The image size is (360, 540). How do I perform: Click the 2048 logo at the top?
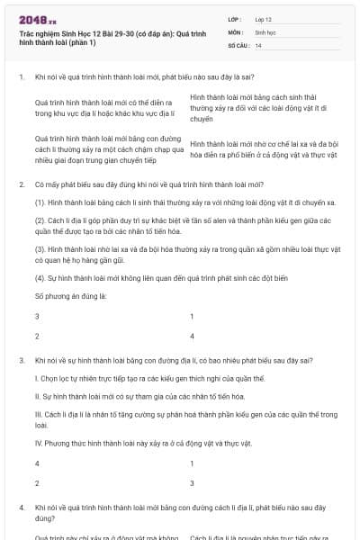pos(35,17)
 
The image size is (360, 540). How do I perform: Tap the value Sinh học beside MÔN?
pos(264,31)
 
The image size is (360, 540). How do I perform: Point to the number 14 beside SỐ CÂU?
pos(258,45)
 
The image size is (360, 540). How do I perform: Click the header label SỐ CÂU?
pos(238,45)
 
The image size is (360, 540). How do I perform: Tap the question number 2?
pos(21,184)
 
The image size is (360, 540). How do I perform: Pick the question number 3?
pos(21,360)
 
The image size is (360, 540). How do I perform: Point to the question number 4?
pos(21,508)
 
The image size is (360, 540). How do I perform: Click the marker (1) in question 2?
pos(40,203)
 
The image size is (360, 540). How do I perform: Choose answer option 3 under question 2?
pos(37,317)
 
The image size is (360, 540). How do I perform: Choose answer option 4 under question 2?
pos(193,336)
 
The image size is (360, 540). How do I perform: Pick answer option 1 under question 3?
pos(193,463)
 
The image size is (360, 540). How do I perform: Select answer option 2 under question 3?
pos(37,482)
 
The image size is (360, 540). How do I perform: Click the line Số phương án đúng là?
pos(71,295)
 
